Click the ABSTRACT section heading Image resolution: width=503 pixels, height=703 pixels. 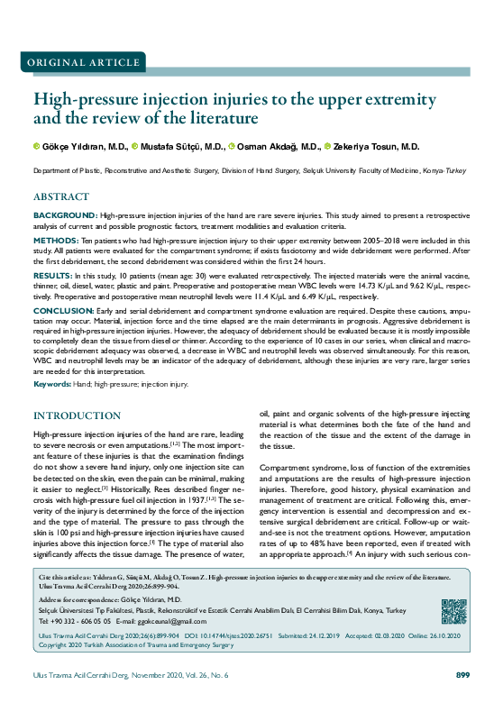point(61,196)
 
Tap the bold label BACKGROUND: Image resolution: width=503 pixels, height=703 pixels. point(66,216)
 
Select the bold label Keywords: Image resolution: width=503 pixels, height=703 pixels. point(52,384)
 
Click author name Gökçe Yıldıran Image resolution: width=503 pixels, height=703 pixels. point(79,146)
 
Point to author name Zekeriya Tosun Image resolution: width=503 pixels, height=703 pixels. point(367,146)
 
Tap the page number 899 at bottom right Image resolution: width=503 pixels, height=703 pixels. point(463,675)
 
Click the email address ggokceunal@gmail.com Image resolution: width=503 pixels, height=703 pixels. point(149,622)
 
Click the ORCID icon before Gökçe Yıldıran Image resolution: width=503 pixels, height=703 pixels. point(37,146)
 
